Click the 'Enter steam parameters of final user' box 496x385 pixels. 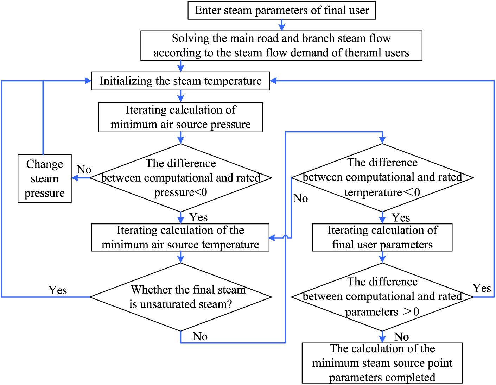tap(282, 10)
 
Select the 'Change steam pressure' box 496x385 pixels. tap(45, 178)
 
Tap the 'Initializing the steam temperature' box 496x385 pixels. tap(180, 81)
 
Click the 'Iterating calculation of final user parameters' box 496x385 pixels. tap(382, 238)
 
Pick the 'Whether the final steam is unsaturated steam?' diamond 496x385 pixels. tap(181, 297)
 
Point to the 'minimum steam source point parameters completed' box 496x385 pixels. tap(382, 363)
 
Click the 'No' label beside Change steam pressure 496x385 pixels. tap(84, 169)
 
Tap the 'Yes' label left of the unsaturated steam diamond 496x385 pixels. tap(58, 290)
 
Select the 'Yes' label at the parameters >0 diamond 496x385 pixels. tap(482, 288)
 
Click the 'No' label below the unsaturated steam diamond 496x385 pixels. tap(200, 336)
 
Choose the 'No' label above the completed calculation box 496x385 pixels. tap(401, 336)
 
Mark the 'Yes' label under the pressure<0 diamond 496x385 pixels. tap(199, 217)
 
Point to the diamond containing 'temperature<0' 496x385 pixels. tap(382, 178)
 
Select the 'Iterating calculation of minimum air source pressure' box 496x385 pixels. tap(180, 117)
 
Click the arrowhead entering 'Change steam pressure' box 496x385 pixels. tap(75, 178)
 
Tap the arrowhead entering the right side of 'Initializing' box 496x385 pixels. tap(273, 81)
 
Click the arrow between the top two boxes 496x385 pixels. tap(282, 25)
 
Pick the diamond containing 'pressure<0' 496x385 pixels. tap(181, 178)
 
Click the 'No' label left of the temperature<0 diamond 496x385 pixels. tap(300, 198)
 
